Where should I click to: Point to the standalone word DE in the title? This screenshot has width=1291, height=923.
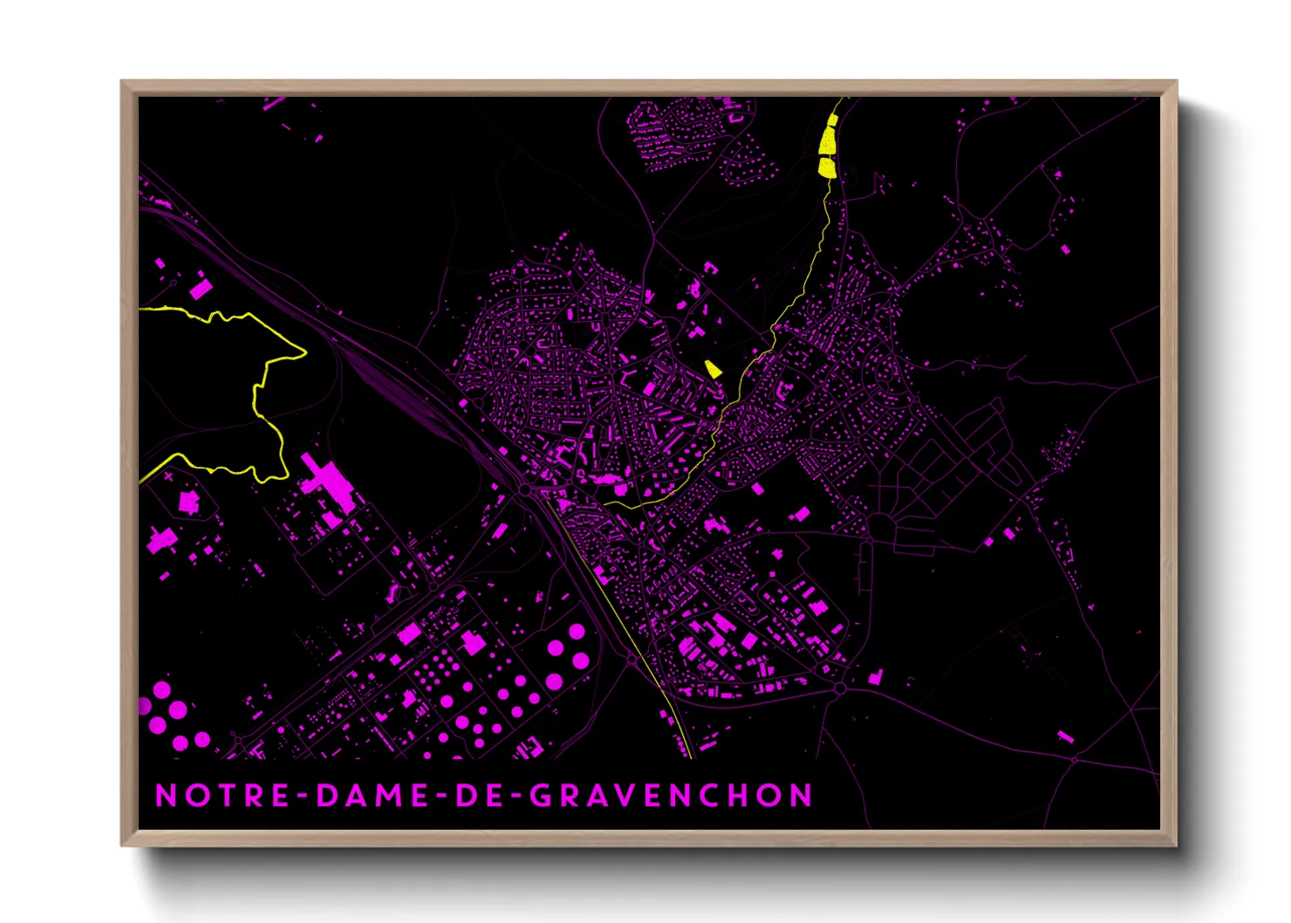[x=478, y=796]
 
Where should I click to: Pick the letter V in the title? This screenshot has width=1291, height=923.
[x=630, y=796]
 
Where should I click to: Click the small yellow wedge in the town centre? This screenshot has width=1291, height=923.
[x=713, y=369]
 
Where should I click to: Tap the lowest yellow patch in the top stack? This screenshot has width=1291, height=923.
[x=827, y=167]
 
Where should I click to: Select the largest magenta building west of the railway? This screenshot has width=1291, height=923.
[x=327, y=484]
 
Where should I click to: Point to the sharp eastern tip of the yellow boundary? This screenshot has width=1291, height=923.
[x=305, y=352]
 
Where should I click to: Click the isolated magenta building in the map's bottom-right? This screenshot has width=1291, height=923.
[x=1065, y=737]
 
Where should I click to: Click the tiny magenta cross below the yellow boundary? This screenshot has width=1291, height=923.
[x=168, y=477]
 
